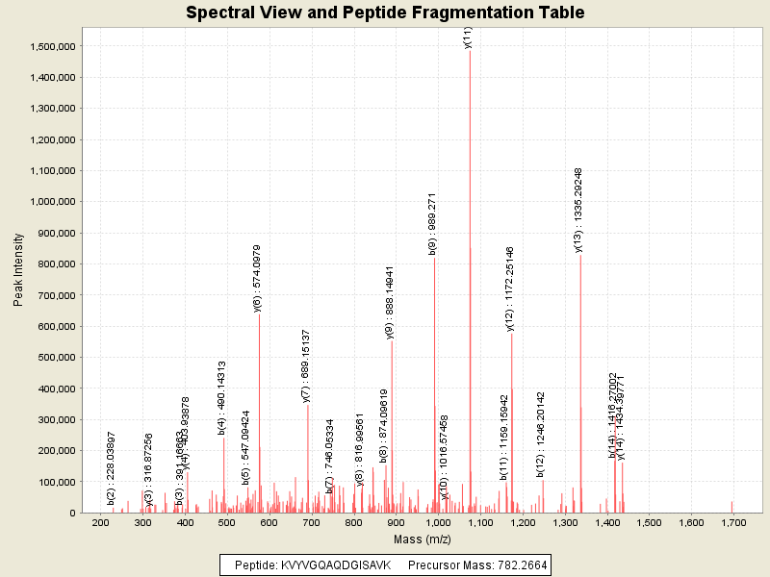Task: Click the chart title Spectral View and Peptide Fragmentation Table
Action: [x=385, y=13]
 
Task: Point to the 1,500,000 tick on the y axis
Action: [x=55, y=46]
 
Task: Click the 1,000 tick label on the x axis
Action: [x=438, y=522]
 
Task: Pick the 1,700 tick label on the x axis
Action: [x=733, y=522]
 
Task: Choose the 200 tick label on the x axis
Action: [x=100, y=522]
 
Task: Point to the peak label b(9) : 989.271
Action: [x=433, y=223]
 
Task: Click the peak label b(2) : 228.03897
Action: [x=112, y=467]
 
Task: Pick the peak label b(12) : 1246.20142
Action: [x=541, y=434]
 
